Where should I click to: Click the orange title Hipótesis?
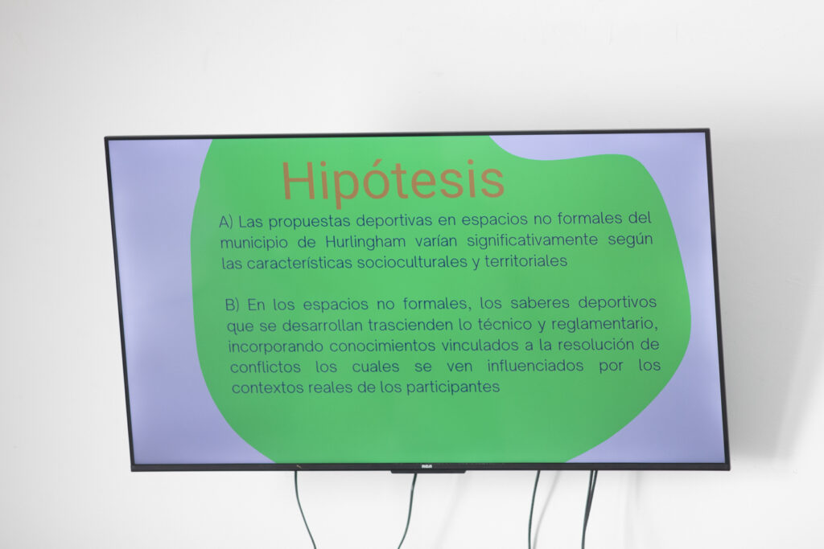393,181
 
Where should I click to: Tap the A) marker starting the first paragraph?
226,222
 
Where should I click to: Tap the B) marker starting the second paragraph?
233,305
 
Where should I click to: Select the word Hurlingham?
365,242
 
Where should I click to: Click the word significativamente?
533,240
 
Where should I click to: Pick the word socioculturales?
412,261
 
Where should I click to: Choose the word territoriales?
526,261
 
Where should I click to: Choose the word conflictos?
266,367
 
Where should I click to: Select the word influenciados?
535,365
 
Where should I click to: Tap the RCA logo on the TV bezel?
426,466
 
